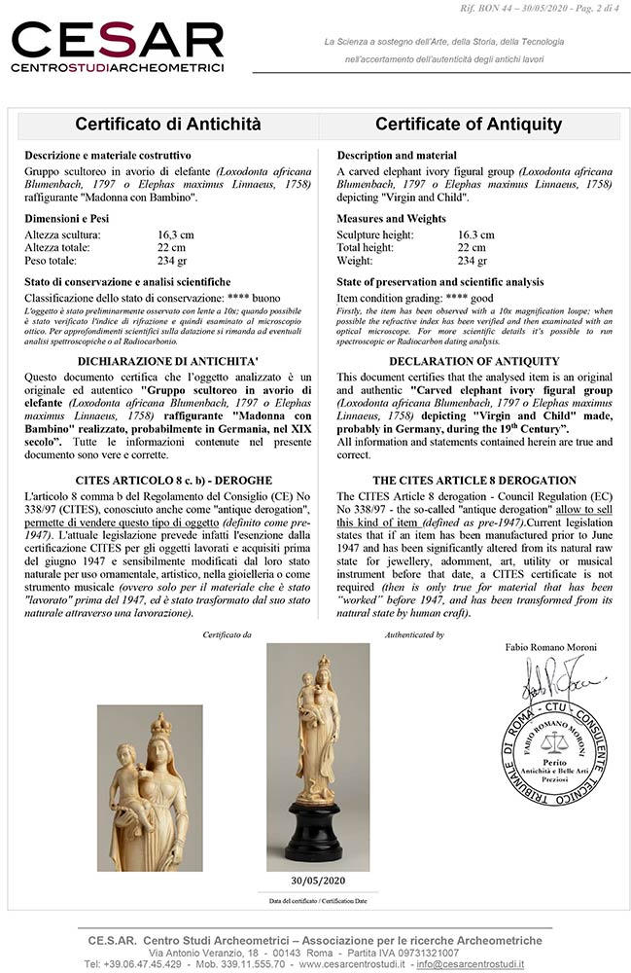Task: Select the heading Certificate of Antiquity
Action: pyautogui.click(x=469, y=125)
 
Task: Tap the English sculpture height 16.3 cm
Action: pyautogui.click(x=475, y=234)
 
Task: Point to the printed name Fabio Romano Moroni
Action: pyautogui.click(x=549, y=647)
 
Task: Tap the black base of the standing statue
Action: pyautogui.click(x=319, y=838)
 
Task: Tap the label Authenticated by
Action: pyautogui.click(x=415, y=634)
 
